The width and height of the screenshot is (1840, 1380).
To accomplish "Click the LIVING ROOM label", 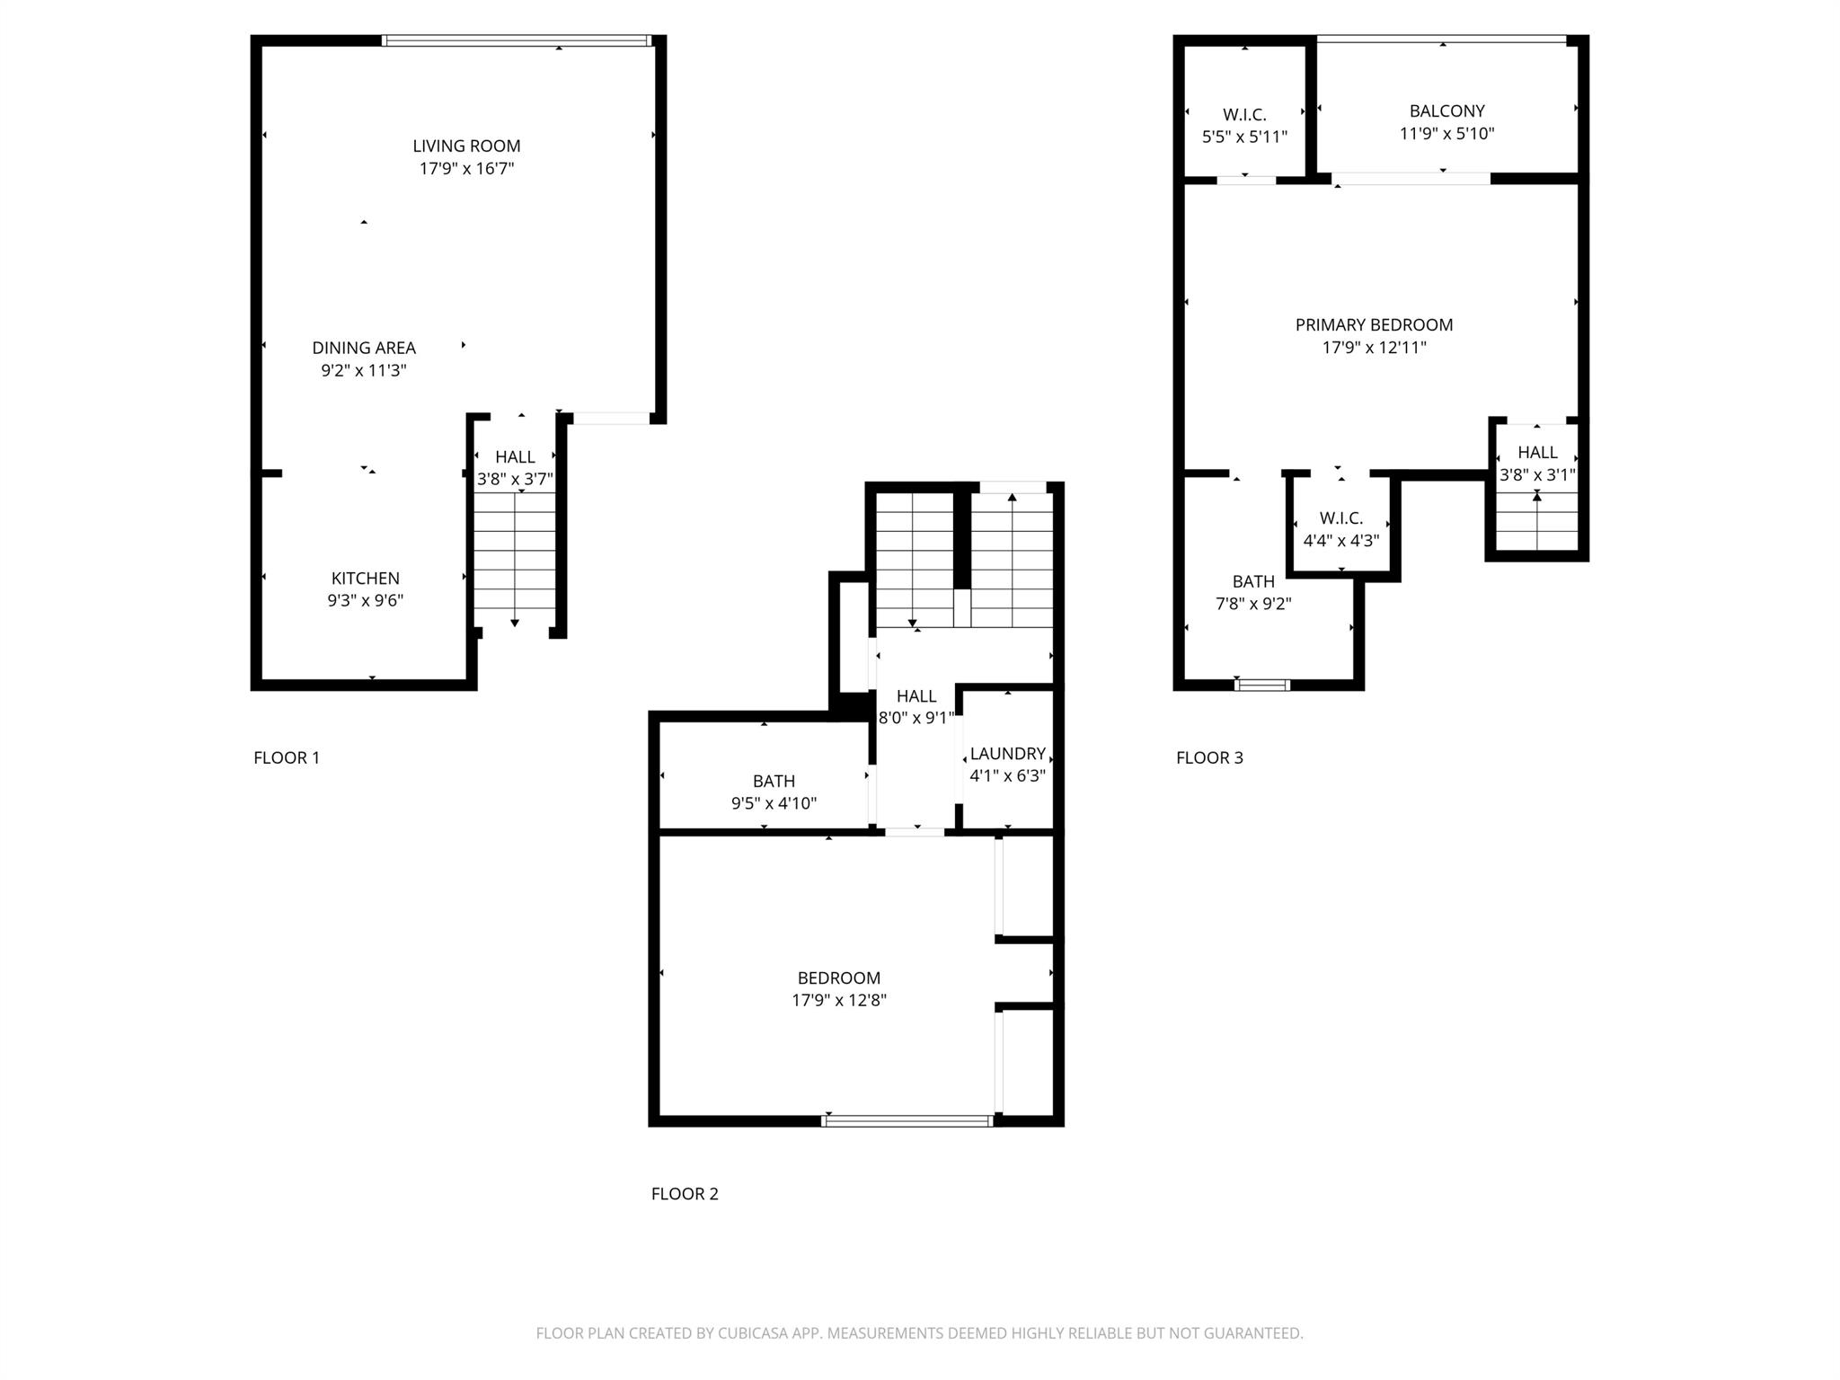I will coord(466,146).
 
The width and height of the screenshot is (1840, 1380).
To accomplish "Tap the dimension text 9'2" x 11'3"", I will coord(364,370).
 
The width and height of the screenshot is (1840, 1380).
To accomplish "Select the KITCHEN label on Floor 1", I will coord(365,579).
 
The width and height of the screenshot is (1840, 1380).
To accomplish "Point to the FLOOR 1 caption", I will coord(287,757).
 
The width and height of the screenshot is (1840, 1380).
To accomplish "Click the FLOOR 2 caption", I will coord(685,1194).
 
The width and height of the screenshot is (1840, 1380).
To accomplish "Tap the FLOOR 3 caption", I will coord(1209,757).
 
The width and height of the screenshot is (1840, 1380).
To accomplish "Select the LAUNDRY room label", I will coord(1007,754).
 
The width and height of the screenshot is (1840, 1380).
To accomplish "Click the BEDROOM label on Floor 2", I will coord(838,977).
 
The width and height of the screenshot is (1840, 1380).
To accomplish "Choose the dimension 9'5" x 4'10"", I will coord(774,803).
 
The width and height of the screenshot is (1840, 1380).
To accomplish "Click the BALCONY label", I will coord(1446,111).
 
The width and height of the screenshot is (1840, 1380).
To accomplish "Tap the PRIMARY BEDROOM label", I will coord(1374,325).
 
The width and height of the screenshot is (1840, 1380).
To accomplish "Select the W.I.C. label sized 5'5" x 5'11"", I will coord(1244,115).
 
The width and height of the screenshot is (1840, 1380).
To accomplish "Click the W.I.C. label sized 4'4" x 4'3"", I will coord(1340,518).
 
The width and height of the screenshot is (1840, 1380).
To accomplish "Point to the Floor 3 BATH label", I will coord(1252,581).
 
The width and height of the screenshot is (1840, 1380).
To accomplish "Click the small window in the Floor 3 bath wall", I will coord(1262,685).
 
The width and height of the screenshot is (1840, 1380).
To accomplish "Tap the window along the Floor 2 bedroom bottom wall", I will coord(907,1120).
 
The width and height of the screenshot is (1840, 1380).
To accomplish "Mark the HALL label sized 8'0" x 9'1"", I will coord(916,696).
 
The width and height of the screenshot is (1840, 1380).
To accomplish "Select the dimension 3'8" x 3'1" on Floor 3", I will coord(1537,475).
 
